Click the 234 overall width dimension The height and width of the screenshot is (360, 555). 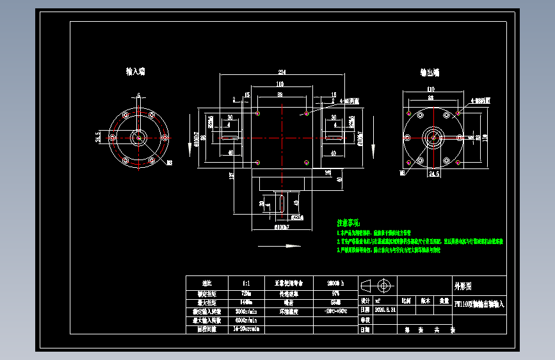point(282,71)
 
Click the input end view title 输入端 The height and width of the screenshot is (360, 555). point(135,72)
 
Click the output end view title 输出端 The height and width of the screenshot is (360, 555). point(430,72)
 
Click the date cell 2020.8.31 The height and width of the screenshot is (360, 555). point(385,309)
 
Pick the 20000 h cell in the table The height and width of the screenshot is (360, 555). point(336,282)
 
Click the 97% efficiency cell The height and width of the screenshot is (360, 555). point(336,293)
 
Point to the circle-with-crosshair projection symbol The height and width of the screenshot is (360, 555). point(385,285)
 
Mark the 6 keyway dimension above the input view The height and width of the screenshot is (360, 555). point(138,95)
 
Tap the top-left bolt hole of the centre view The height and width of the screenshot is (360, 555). point(257,113)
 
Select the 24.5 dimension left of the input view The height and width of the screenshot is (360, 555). point(98,136)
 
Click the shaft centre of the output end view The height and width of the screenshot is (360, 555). point(433,136)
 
